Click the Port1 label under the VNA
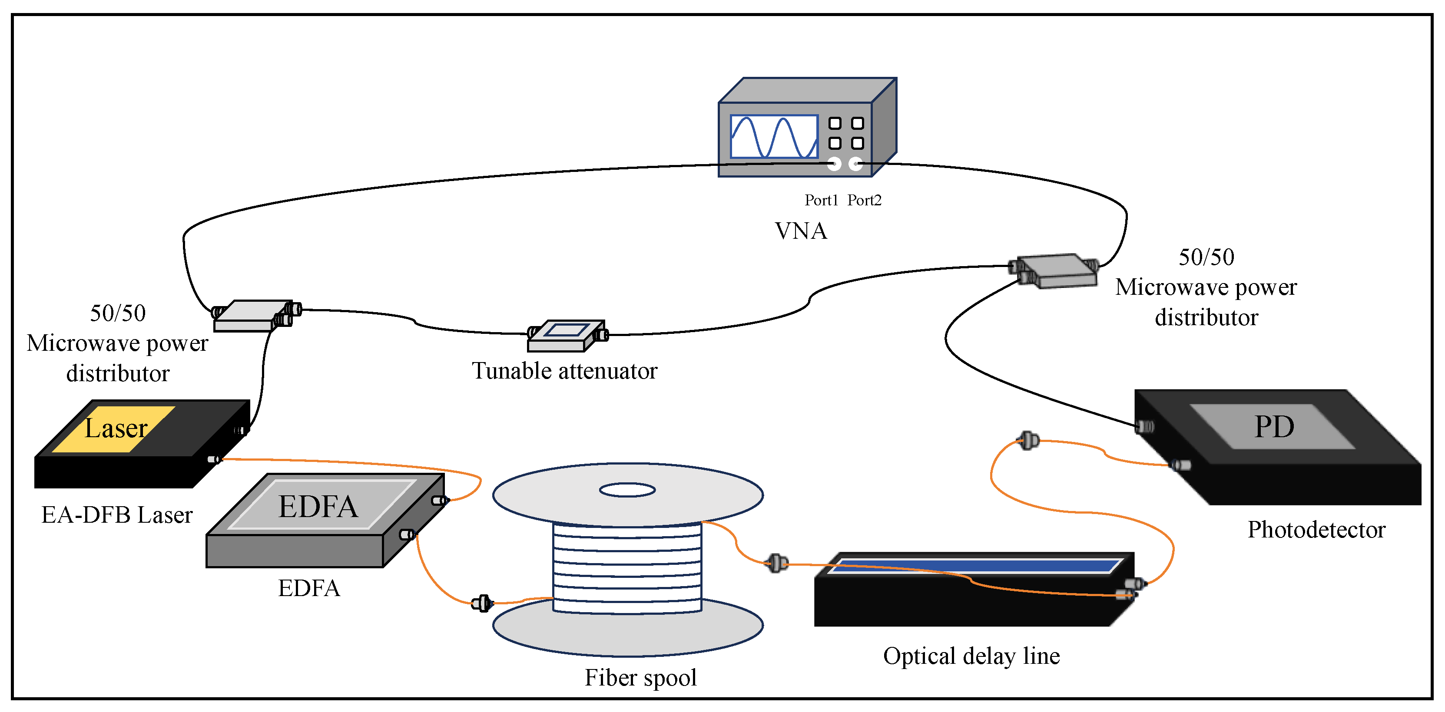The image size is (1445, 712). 821,200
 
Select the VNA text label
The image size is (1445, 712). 800,231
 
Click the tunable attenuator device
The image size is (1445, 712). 565,336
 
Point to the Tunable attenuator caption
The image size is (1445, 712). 564,371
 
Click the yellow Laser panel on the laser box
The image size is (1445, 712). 115,429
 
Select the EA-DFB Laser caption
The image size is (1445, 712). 117,514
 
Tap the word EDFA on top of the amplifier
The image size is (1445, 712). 318,506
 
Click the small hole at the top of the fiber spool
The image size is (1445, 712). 627,490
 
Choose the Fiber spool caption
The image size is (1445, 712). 640,677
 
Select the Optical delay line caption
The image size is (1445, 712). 971,656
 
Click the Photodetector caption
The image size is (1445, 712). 1316,530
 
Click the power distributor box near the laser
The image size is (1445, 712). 252,316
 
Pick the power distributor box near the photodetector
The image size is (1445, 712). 1056,271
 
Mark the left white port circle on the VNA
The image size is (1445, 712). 835,164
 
